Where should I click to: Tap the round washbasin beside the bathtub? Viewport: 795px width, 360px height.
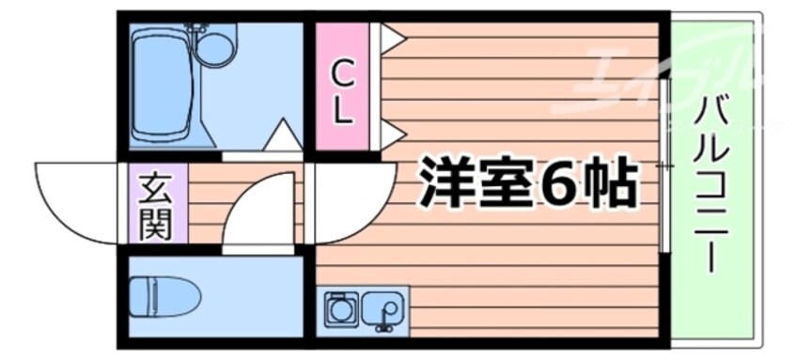point(215,49)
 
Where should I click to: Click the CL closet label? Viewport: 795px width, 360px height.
point(342,94)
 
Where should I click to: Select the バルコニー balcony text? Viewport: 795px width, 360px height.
point(711,185)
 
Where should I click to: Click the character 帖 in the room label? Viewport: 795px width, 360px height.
point(611,182)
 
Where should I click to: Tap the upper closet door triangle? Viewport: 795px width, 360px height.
point(393,38)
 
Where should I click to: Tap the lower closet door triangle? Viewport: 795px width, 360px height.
point(393,134)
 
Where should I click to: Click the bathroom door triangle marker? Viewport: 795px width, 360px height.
point(283,134)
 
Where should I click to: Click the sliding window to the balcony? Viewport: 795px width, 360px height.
point(665,165)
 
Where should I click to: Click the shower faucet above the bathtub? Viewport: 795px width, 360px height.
point(195,28)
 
